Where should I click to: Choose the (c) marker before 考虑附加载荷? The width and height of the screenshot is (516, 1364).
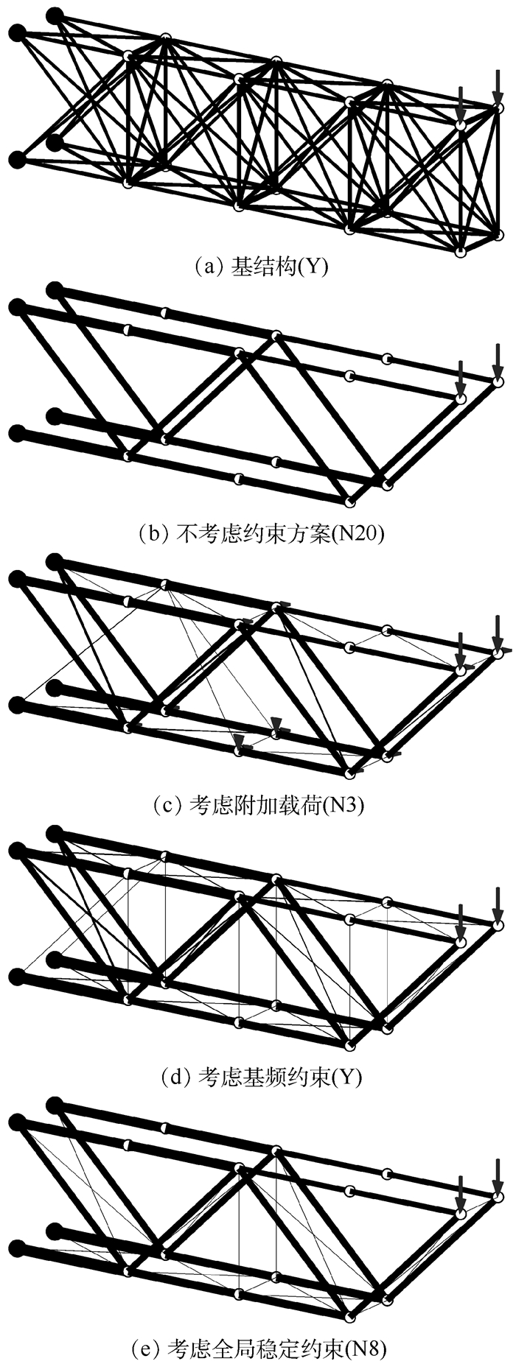coord(169,805)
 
